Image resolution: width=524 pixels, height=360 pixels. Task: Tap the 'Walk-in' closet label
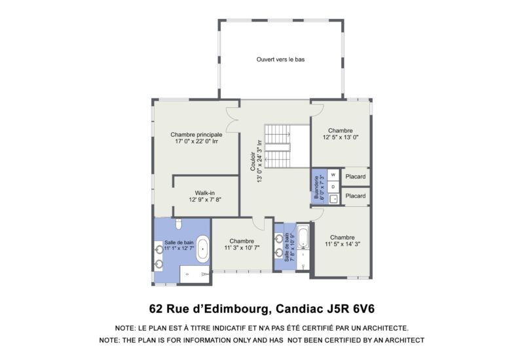click(205, 193)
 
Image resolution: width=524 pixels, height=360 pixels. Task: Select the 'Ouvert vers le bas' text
click(280, 60)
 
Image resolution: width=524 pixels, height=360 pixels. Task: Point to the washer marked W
click(333, 175)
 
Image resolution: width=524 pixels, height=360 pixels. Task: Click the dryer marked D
click(333, 187)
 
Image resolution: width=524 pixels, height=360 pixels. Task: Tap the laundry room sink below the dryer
click(333, 198)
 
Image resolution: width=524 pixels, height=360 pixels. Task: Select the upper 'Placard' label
click(355, 176)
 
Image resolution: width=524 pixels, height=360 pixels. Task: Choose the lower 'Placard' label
click(355, 196)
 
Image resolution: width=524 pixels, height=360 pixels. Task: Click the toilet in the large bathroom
click(178, 223)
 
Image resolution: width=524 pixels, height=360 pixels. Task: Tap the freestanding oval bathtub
click(204, 249)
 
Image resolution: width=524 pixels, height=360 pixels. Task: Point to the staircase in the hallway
click(278, 148)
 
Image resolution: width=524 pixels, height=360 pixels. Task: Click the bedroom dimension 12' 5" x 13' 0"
click(341, 137)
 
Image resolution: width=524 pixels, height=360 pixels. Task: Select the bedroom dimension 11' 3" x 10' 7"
click(242, 248)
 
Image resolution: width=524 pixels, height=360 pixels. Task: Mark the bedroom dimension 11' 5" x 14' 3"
click(342, 244)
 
